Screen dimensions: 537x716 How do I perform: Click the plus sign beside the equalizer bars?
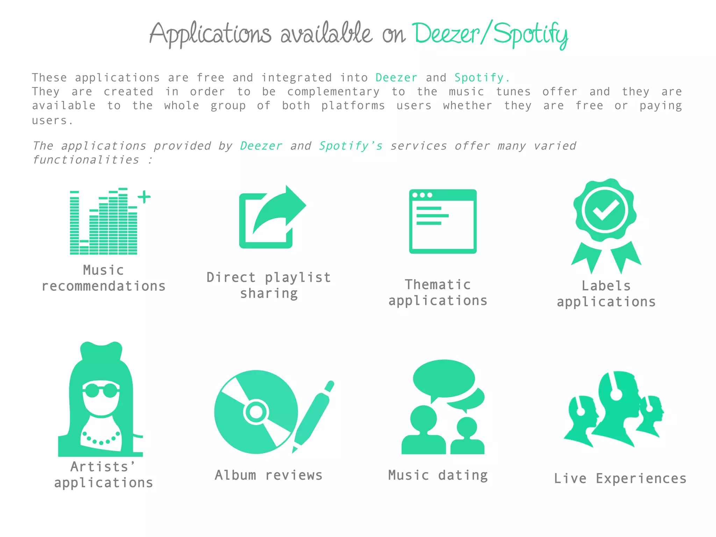point(144,197)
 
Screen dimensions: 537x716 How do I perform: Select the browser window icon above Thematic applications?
point(443,221)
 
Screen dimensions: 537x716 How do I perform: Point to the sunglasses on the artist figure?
point(101,390)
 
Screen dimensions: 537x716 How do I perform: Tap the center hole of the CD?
point(256,412)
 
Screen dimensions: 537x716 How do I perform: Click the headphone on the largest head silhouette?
point(616,394)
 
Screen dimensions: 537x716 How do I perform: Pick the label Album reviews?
point(268,475)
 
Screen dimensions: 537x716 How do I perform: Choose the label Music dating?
point(438,475)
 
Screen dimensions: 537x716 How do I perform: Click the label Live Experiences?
point(620,478)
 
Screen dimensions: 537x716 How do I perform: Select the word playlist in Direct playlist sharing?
point(298,277)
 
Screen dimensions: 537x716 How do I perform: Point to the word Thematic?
point(438,285)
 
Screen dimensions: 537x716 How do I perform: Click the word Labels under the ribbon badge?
point(606,286)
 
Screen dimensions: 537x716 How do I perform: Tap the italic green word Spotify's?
point(351,146)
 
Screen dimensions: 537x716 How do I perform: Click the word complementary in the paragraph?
point(333,92)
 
